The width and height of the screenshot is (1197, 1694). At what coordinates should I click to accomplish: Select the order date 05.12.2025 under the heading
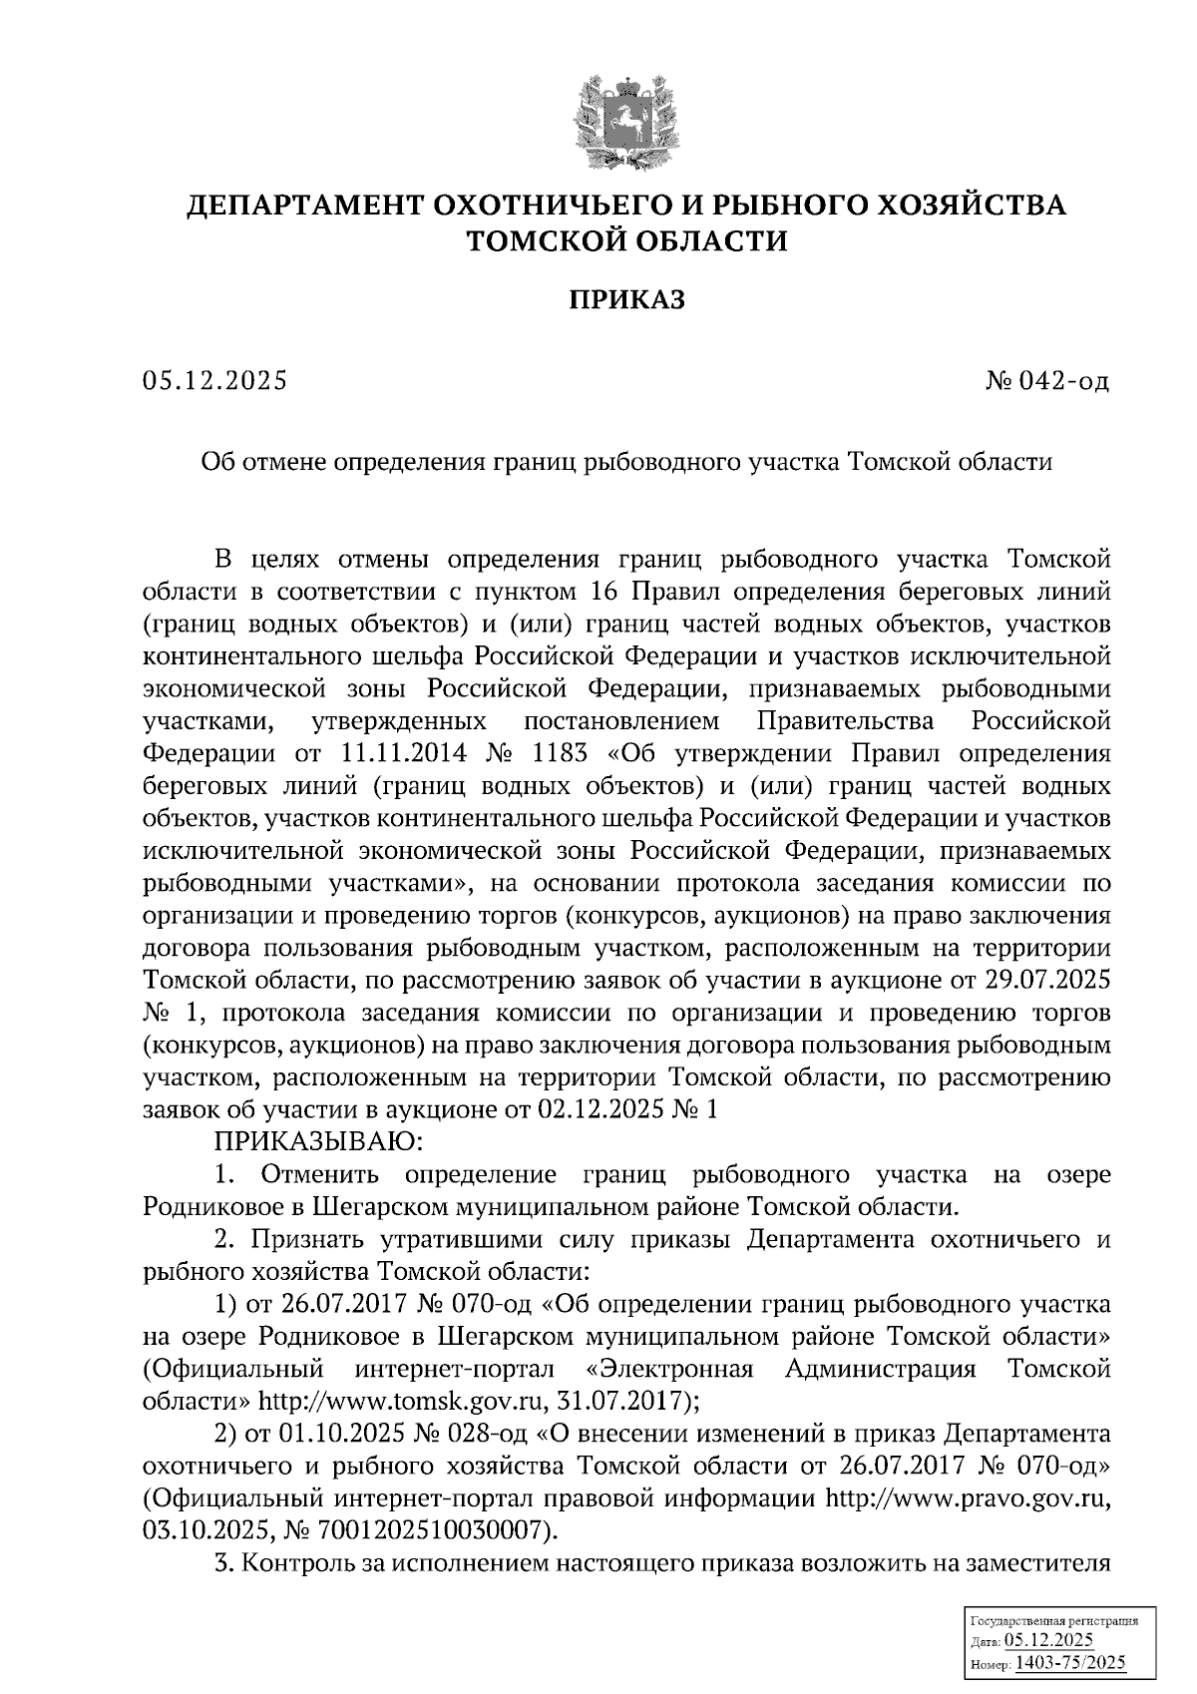coord(214,381)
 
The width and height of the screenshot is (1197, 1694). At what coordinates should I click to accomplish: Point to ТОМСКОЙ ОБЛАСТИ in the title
coord(626,240)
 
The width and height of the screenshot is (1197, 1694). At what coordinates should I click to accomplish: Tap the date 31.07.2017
coord(636,1402)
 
